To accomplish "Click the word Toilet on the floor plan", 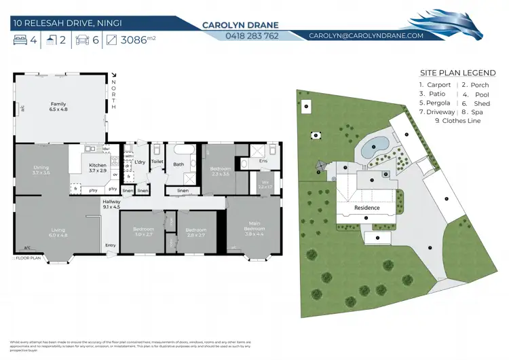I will point(157,162).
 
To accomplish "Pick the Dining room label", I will point(41,170).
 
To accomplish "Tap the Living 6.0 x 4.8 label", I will point(58,232).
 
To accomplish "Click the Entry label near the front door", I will point(110,245).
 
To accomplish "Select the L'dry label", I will point(140,162).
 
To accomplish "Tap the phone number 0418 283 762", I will point(241,36).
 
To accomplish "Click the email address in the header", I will point(366,35).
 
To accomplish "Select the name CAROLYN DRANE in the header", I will point(241,25).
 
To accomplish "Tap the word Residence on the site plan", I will point(367,209).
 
